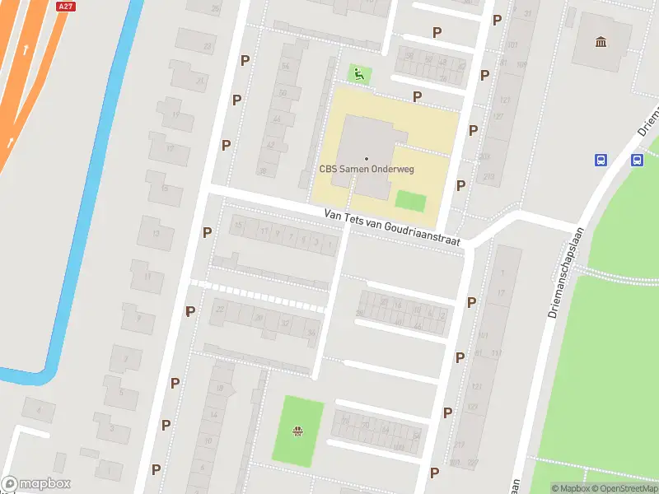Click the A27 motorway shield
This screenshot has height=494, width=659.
click(x=65, y=6)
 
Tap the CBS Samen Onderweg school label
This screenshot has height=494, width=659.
click(x=367, y=169)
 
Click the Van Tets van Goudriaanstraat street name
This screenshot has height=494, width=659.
click(x=394, y=227)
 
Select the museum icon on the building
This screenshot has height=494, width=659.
click(x=601, y=41)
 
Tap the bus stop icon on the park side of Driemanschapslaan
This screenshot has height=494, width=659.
click(x=638, y=160)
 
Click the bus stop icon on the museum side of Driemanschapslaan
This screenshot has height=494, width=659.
click(x=601, y=160)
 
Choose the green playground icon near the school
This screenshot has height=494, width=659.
click(x=359, y=74)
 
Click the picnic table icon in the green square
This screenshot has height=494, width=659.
click(x=298, y=431)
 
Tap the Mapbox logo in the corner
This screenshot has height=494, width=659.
click(x=36, y=484)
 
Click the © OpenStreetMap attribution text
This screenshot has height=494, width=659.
click(x=624, y=488)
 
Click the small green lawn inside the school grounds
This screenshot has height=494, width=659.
click(x=410, y=201)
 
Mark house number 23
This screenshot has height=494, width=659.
click(x=208, y=47)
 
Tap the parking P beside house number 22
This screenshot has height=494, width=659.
click(x=190, y=311)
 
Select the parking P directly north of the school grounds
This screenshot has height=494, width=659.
click(x=418, y=96)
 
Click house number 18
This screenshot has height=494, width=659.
click(x=218, y=388)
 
